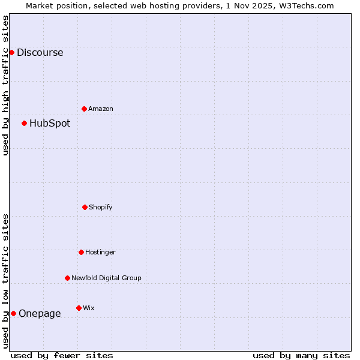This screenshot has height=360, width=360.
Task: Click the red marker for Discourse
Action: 11,52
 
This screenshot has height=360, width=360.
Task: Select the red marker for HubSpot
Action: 24,123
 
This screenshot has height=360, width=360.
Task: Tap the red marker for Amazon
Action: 84,109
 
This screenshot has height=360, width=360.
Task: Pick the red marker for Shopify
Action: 85,207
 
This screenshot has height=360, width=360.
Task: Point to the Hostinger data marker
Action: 81,252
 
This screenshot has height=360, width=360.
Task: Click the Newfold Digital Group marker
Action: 67,278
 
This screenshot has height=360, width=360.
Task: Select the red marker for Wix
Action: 79,308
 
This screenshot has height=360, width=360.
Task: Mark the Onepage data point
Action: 13,313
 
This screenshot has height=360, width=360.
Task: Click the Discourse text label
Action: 40,52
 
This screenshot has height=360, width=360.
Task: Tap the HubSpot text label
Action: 50,123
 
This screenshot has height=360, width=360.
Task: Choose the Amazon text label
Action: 101,109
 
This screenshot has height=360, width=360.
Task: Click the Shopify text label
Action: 101,207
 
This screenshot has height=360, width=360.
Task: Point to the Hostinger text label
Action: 100,252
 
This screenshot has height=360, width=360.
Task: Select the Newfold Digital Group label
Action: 106,278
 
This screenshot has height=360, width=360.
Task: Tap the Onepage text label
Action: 40,313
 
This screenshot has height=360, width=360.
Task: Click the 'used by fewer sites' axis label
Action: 62,355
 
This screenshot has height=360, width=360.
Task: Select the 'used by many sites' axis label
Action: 301,355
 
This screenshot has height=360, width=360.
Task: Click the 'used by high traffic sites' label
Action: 5,85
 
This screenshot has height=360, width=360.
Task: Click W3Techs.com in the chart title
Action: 308,5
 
